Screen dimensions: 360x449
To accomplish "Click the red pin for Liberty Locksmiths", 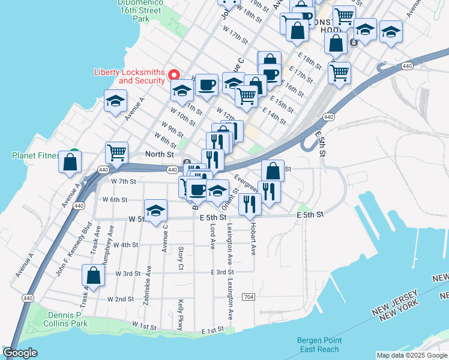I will point(174,75).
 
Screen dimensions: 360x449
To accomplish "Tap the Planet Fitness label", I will point(35,155).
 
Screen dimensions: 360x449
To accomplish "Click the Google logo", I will point(20,352).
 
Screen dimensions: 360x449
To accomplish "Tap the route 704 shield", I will point(249,298).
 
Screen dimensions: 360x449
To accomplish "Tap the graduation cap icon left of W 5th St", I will point(156,211).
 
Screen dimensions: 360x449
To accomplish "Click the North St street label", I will point(159,154).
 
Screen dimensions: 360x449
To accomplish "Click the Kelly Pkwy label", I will point(180,313).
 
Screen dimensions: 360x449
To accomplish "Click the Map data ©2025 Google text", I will point(411,355).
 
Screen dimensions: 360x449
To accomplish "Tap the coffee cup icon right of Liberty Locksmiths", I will point(206,85).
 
